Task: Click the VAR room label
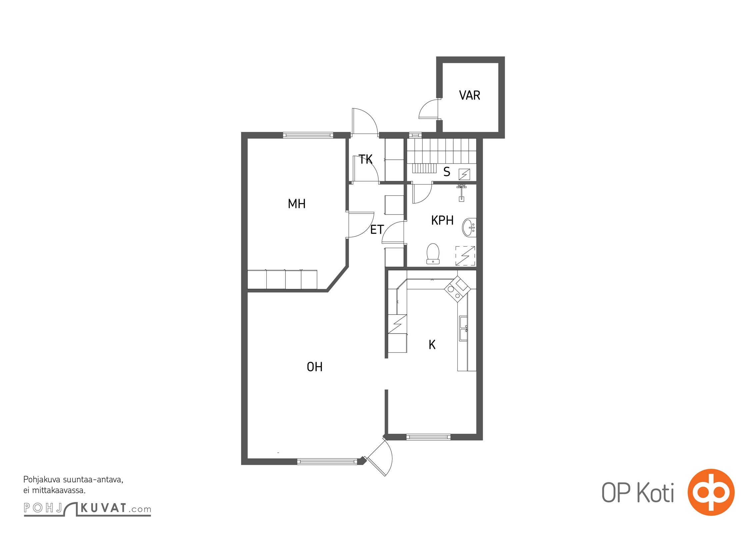click(469, 95)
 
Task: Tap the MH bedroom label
click(296, 204)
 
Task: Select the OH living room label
click(314, 367)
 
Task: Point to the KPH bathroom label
click(442, 220)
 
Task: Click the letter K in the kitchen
click(432, 345)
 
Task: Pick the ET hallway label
click(377, 229)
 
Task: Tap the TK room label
click(365, 159)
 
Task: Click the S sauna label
click(447, 172)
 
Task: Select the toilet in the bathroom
click(433, 254)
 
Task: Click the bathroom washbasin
click(469, 227)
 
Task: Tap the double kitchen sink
click(463, 328)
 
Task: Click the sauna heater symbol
click(464, 174)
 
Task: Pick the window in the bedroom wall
click(308, 135)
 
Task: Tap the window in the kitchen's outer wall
click(428, 437)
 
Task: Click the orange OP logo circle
click(711, 492)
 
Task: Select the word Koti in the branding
click(656, 493)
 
